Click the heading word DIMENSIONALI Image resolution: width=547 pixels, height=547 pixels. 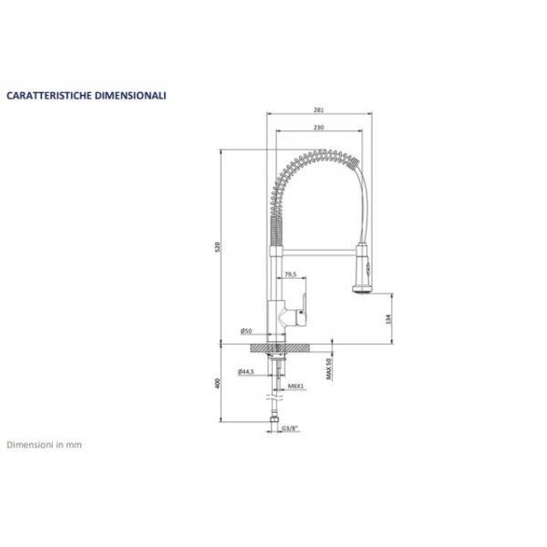(x=131, y=94)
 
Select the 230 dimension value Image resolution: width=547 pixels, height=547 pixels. (x=317, y=128)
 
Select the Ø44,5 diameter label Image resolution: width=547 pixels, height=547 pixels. (x=245, y=371)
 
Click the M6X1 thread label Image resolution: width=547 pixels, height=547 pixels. (x=295, y=387)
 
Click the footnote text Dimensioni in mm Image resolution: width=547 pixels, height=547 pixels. (x=45, y=445)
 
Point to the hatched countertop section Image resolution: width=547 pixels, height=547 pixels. (x=273, y=347)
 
